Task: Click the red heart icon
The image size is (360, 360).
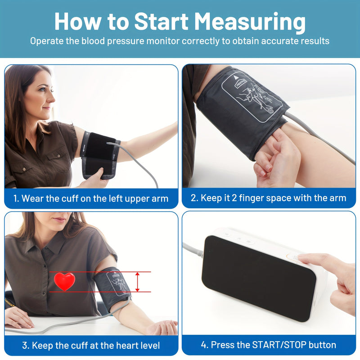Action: click(65, 281)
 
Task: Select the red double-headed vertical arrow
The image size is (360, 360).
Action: click(138, 282)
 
